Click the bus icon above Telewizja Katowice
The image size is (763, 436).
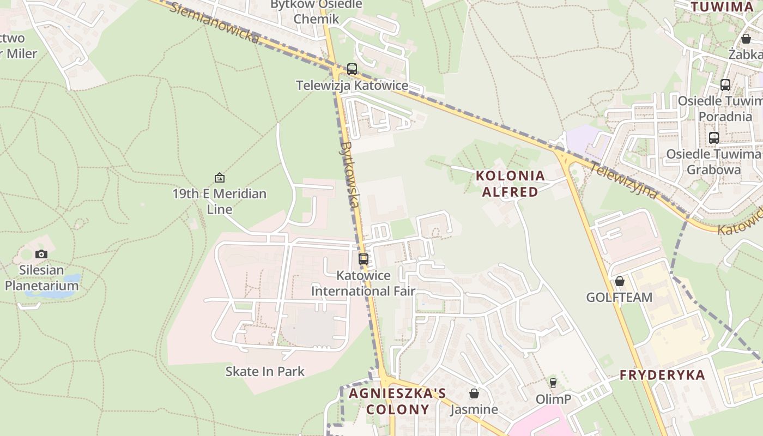(x=352, y=69)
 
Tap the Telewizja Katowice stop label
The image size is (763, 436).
(x=352, y=86)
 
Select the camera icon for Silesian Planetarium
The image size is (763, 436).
(x=41, y=254)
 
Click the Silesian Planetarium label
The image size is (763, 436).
(x=41, y=278)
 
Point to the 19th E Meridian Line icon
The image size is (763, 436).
(x=220, y=178)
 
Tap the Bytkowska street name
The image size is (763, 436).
(x=349, y=174)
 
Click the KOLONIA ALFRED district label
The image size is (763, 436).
(x=510, y=184)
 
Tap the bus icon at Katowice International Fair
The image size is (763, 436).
(x=364, y=259)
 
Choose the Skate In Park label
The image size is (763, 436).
(x=265, y=372)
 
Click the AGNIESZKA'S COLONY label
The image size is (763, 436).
(x=397, y=401)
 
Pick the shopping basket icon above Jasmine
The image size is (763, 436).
(x=474, y=393)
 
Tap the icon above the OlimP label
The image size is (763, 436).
(x=553, y=383)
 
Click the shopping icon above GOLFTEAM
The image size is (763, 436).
(x=620, y=281)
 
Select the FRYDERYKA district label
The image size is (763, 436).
(x=662, y=375)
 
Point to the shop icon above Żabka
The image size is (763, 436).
(x=746, y=39)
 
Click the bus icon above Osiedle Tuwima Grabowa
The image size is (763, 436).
(x=714, y=138)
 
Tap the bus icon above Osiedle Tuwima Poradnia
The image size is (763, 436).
(x=725, y=85)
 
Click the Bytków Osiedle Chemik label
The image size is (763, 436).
(x=316, y=11)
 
